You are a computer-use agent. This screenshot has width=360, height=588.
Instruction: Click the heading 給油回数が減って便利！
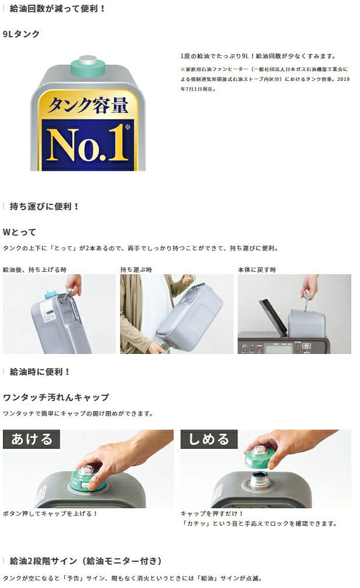[x=58, y=9]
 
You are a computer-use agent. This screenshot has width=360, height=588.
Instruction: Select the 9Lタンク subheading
[x=22, y=34]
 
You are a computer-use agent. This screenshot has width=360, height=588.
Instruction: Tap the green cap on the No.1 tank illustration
[x=87, y=66]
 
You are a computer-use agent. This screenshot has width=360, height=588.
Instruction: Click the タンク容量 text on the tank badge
[x=87, y=105]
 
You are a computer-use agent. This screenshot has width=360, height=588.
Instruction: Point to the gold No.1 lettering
[x=87, y=143]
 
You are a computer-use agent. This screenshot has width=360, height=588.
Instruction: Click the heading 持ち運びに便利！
[x=44, y=206]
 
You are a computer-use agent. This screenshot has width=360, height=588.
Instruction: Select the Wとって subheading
[x=20, y=232]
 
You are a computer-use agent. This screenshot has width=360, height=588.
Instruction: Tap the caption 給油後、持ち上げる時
[x=34, y=270]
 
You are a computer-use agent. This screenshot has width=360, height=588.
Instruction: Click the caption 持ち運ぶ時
[x=136, y=270]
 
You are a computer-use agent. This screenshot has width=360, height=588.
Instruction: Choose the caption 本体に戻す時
[x=257, y=270]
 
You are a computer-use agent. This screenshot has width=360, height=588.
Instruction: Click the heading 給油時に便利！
[x=40, y=371]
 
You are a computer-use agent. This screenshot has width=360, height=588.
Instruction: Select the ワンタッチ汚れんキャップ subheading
[x=56, y=398]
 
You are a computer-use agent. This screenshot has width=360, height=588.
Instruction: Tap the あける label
[x=31, y=439]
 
